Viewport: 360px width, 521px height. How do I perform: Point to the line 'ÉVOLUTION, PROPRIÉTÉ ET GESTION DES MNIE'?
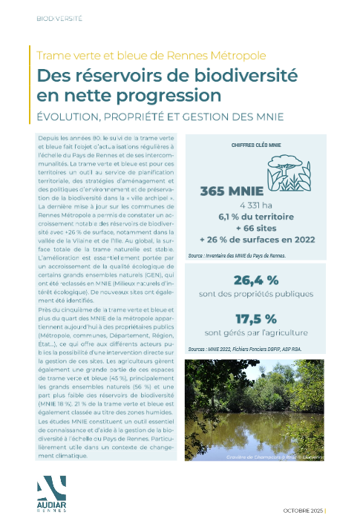click(160, 117)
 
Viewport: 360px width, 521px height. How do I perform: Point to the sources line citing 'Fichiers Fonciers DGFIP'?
click(245, 348)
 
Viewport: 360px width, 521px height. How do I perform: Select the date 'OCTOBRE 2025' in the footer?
click(304, 511)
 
